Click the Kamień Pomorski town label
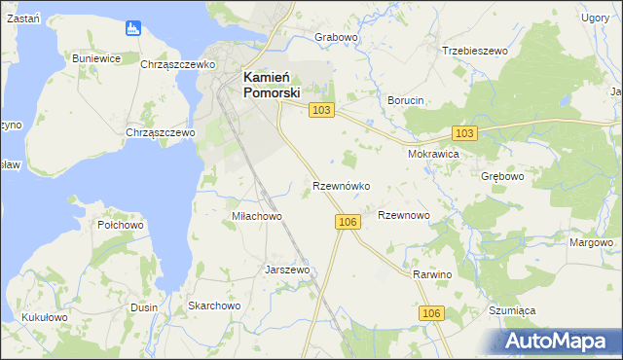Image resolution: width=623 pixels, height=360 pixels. pos(272,85)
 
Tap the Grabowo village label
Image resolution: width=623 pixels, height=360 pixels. pos(337,37)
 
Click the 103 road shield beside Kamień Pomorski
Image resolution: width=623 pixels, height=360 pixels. pos(322,111)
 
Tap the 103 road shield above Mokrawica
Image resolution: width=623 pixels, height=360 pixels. pos(464,132)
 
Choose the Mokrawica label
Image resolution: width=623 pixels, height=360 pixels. pos(432,154)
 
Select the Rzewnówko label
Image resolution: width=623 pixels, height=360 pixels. pos(341,185)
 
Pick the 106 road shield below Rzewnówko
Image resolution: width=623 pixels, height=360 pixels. pos(348,222)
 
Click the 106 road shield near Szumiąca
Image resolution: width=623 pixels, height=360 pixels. pos(433,312)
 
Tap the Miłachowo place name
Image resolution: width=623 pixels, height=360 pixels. pos(256,216)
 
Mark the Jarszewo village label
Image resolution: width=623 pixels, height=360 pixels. pos(287,270)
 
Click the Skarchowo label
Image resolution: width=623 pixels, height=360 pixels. pos(214,306)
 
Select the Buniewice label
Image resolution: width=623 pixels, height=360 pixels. pos(96,58)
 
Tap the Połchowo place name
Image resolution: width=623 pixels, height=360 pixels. pos(121,225)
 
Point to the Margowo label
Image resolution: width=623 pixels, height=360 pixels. pos(592,242)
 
